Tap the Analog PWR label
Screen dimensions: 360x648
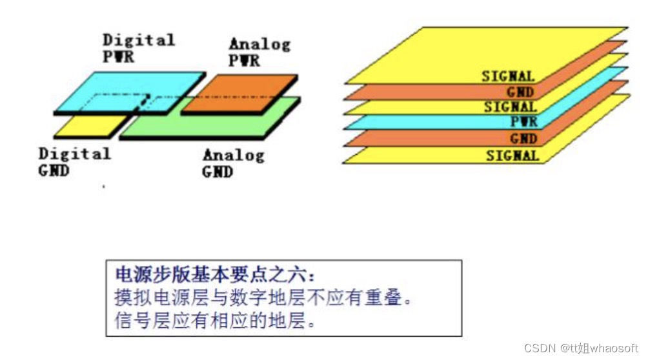259,52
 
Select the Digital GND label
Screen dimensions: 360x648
74,162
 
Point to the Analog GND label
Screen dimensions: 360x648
233,163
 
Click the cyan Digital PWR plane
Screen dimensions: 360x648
123,90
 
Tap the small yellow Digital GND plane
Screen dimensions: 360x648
84,126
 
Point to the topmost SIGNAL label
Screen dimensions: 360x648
508,76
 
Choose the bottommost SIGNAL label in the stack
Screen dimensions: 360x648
511,155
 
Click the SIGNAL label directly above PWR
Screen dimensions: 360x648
510,107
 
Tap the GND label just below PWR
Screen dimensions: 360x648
522,139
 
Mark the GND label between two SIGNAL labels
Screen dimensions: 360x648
520,92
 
